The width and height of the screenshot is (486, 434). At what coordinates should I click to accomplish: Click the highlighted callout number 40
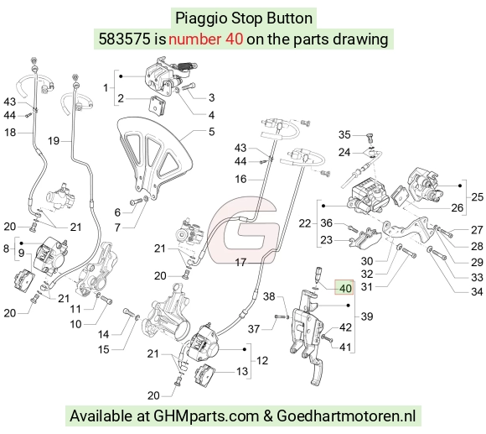345,288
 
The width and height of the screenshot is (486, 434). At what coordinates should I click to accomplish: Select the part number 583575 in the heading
124,39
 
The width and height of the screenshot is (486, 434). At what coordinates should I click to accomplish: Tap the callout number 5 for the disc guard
211,132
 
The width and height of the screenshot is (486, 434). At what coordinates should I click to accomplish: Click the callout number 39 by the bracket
367,316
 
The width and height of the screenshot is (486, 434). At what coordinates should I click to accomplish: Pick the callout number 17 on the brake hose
240,263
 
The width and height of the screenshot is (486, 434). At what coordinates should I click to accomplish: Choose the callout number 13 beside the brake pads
242,371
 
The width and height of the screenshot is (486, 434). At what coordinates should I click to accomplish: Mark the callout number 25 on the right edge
477,196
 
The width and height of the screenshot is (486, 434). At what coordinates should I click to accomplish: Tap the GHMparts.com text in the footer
206,416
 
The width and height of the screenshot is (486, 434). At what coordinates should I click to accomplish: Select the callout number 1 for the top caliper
106,88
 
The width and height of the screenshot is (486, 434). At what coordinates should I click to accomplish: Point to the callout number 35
344,134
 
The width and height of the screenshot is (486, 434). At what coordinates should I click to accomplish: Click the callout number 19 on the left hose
54,141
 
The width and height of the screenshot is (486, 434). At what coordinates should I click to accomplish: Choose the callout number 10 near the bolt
75,324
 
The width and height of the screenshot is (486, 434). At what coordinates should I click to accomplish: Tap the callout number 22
305,223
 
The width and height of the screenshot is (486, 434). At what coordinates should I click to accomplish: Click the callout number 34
477,291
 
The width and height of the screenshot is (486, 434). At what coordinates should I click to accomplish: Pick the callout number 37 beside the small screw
254,329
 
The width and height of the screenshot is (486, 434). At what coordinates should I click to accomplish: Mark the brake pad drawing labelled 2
158,106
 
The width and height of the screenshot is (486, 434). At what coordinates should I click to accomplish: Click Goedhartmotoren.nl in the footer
346,416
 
